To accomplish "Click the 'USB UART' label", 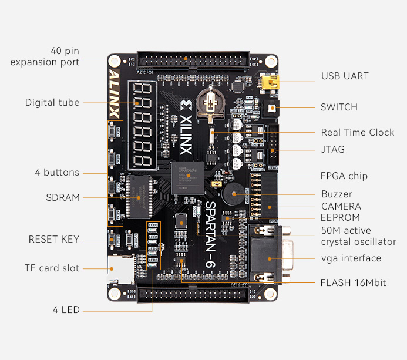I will [345, 76].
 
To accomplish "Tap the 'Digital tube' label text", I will [52, 103].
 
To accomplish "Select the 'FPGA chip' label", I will [344, 176].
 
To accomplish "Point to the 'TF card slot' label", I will [52, 268].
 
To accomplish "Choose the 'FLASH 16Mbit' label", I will [353, 282].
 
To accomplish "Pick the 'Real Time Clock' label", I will [357, 132].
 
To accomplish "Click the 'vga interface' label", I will [351, 258].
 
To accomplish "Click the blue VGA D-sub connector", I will [270, 254].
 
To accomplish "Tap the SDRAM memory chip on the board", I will [140, 197].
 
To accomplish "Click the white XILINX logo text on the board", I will [186, 127].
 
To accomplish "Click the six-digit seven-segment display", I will [147, 125].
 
